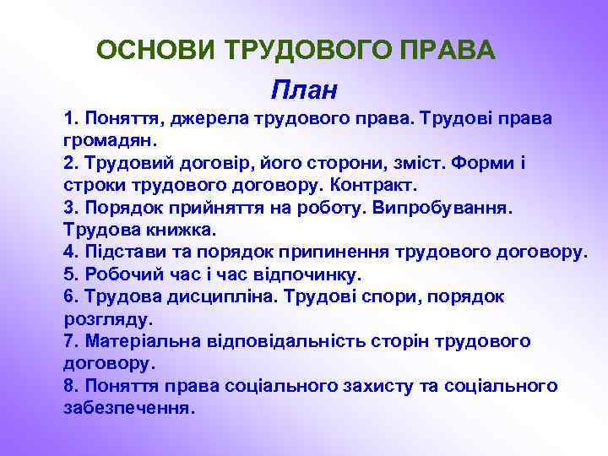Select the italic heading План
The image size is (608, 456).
(303, 88)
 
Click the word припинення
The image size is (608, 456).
(331, 252)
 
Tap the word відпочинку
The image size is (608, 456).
(314, 274)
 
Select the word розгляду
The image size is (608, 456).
(107, 319)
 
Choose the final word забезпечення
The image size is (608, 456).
(128, 408)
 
